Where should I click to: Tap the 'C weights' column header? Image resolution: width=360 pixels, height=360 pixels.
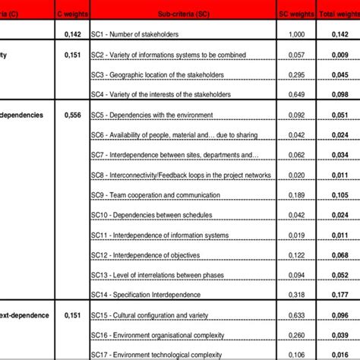coord(73,13)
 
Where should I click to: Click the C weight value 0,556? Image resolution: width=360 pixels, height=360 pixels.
coord(73,115)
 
